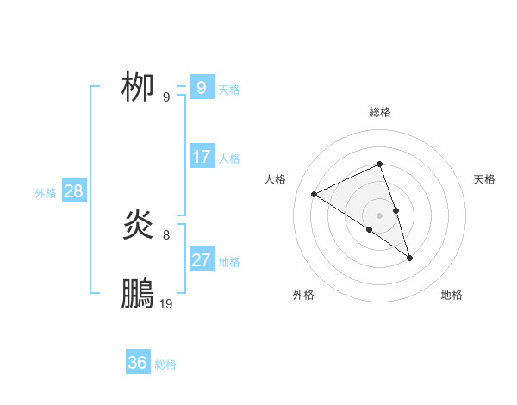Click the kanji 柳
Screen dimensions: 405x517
138,87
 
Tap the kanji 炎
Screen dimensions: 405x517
138,226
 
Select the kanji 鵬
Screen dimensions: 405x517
138,295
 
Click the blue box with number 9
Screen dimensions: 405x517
201,87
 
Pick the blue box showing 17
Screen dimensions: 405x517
201,157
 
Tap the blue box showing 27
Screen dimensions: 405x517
201,260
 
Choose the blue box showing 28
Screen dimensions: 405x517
73,191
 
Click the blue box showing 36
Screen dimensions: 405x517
137,363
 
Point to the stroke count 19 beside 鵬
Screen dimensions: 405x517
166,303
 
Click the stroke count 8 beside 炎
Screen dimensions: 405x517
166,234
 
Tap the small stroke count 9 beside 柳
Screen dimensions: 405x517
166,97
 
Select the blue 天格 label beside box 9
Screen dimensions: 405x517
229,89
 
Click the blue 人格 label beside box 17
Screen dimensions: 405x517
229,159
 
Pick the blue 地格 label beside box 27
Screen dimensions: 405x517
229,262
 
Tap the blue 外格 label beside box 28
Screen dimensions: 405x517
46,193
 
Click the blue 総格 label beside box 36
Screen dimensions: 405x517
165,364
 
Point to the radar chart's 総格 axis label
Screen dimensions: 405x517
379,112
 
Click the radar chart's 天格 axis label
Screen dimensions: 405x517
485,179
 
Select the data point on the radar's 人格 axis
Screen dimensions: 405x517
315,194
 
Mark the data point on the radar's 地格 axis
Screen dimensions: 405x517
410,258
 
